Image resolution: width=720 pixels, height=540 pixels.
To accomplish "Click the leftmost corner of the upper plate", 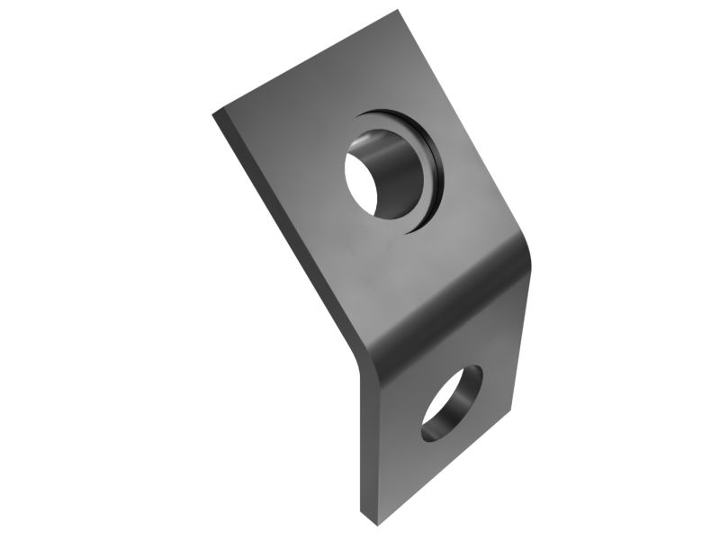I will (213, 114).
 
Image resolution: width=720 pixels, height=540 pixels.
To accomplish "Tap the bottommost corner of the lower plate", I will (363, 520).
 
